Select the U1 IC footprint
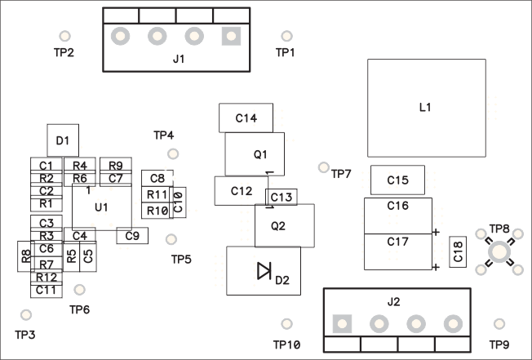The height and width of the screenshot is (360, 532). (x=101, y=207)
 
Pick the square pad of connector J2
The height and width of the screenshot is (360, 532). (x=342, y=323)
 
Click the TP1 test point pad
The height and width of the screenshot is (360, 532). (x=286, y=37)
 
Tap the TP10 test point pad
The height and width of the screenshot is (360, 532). (x=286, y=324)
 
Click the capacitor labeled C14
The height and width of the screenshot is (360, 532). (x=246, y=118)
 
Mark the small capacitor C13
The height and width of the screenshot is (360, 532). (x=281, y=197)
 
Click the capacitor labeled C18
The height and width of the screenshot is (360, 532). (x=458, y=251)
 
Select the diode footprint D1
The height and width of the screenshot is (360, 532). (x=62, y=140)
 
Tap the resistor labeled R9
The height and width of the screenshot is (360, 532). (x=115, y=166)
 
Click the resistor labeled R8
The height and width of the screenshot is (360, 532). (x=26, y=256)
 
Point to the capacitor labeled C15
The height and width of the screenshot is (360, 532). (x=398, y=180)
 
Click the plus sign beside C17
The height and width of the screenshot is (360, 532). (x=437, y=267)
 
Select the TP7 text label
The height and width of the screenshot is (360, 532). (x=340, y=174)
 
